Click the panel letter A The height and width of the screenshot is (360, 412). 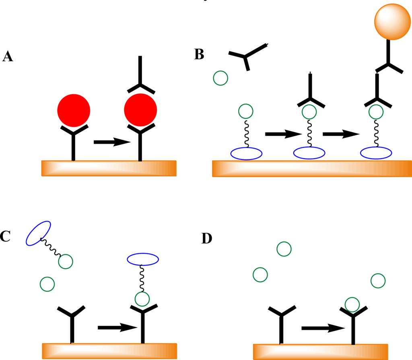(8, 56)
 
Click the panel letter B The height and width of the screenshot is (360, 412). (199, 54)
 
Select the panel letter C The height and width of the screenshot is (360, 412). (5, 236)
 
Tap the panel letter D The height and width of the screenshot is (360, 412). (206, 238)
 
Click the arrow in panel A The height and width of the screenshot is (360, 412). (112, 142)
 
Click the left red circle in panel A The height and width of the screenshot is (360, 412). (74, 110)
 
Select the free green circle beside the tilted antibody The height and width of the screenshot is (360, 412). (220, 77)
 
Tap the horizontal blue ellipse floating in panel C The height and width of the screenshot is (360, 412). (143, 259)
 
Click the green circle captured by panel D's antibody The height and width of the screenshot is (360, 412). (352, 305)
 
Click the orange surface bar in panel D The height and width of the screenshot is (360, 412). (320, 352)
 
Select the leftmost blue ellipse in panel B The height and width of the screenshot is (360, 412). (246, 153)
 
